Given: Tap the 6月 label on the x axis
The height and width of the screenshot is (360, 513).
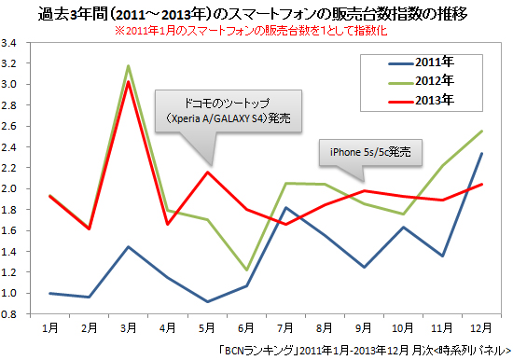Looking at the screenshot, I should pos(245,329).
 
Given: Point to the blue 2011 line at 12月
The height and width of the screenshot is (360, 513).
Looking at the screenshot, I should pos(482,154).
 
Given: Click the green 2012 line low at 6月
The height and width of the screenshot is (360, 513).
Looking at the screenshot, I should pos(245,270).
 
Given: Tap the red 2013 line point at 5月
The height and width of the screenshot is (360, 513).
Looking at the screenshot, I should pos(206,172).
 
